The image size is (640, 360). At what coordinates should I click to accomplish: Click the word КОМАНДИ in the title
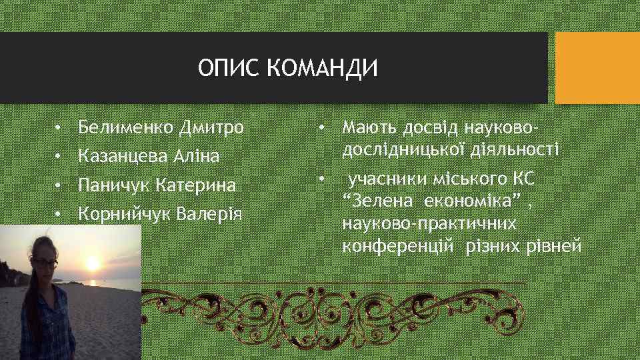(323, 68)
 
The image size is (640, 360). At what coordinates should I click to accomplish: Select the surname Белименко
(125, 127)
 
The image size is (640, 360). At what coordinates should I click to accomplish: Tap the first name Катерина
(196, 185)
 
